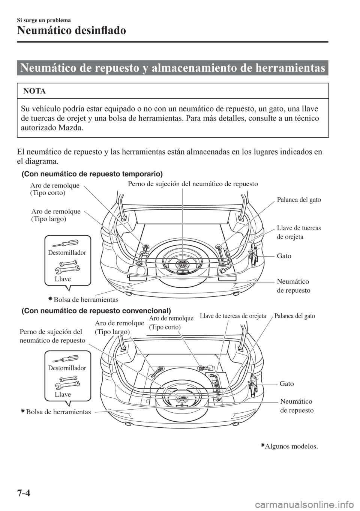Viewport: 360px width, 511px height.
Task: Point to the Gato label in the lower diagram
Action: click(287, 383)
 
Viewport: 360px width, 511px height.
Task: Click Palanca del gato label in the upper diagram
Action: click(298, 200)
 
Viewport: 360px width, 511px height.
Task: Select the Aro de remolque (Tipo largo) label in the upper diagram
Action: click(56, 215)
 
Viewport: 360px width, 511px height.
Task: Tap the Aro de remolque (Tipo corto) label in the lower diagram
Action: click(171, 323)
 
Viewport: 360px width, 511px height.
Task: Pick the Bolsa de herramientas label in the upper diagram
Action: click(85, 299)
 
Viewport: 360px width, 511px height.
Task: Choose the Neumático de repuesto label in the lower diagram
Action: click(296, 406)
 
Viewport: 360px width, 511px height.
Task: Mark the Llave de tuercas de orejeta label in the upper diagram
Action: click(298, 233)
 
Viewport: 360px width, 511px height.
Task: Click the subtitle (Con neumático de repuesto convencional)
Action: click(96, 311)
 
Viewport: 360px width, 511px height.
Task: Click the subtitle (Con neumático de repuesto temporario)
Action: click(92, 174)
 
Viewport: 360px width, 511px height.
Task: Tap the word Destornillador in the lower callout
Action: click(67, 368)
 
